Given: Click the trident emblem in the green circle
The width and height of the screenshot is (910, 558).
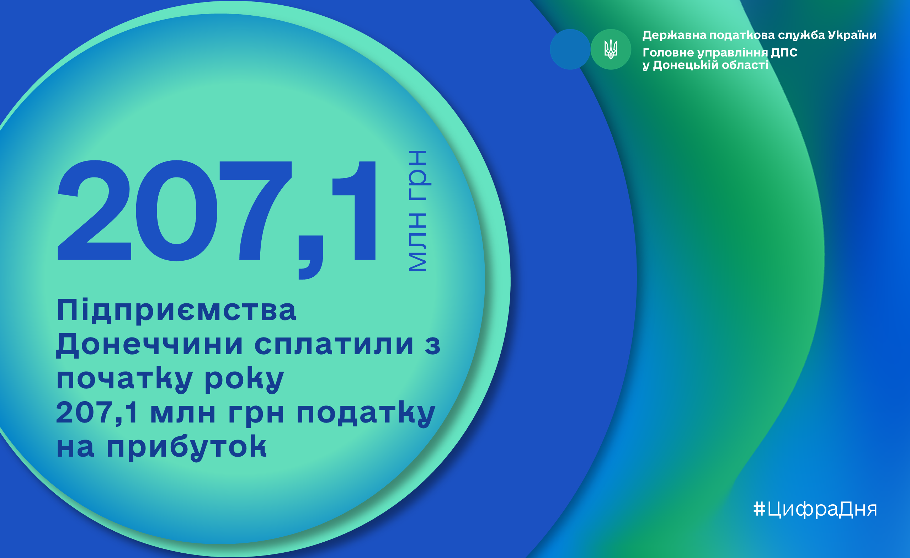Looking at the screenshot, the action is [x=611, y=49].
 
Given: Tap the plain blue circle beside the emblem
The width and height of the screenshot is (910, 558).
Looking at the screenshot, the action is [x=570, y=49].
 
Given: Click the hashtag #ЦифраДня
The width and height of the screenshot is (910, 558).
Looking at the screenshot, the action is [x=815, y=509].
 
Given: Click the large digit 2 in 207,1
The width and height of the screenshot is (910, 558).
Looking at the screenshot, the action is [x=94, y=210].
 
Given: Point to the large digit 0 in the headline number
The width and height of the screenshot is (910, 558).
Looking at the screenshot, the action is [x=176, y=211].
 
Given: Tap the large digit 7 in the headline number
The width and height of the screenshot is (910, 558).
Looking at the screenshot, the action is [x=255, y=211].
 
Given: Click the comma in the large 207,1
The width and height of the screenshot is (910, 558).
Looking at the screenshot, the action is [x=310, y=257].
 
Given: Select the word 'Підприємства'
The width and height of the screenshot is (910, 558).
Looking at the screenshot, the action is [x=176, y=310].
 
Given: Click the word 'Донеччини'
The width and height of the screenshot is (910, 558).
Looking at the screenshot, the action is [x=150, y=345].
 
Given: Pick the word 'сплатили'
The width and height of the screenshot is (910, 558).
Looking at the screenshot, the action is [x=334, y=345].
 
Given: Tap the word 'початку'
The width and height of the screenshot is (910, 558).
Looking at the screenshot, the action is [x=124, y=380].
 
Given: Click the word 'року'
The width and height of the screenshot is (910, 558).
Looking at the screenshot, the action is [x=244, y=380].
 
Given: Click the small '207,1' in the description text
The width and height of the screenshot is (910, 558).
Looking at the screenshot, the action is [x=97, y=413].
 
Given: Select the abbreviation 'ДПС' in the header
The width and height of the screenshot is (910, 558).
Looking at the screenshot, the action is [x=784, y=53].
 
